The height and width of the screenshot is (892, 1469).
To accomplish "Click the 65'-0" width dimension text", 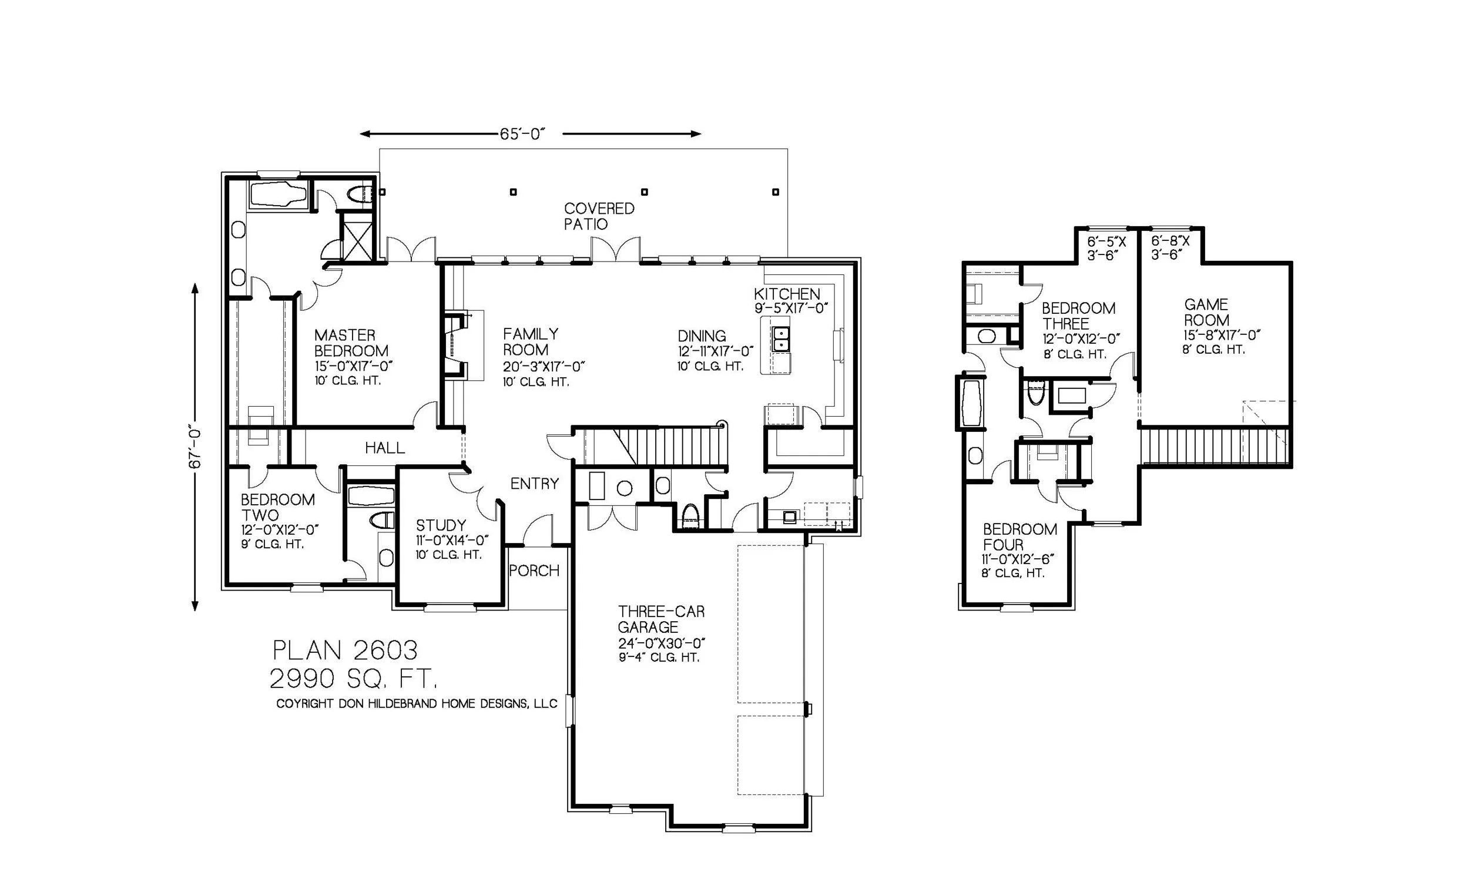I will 522,134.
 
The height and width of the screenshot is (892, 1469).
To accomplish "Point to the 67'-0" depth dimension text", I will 196,447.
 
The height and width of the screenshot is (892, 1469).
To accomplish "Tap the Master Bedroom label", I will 351,343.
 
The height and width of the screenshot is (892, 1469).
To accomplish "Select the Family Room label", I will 531,341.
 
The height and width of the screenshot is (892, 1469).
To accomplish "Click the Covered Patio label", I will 599,216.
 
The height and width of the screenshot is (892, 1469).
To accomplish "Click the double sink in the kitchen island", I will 780,338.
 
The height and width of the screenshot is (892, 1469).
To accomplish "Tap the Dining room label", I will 702,336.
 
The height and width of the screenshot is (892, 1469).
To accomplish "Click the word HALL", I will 384,448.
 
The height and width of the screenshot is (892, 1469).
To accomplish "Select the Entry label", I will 534,484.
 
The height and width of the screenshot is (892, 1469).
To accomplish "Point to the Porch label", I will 534,571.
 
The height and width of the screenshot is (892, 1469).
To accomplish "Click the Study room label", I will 441,525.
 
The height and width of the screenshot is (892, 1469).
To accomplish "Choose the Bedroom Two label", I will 277,507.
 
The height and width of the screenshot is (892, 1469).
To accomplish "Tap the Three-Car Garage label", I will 660,619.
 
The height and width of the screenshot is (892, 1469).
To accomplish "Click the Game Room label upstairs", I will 1206,312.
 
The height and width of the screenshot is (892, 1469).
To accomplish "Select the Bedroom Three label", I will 1078,316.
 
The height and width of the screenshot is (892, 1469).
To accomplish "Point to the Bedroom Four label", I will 1019,536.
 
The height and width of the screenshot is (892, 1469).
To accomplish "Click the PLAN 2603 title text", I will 345,650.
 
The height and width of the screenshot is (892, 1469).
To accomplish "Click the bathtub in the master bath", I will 278,195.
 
